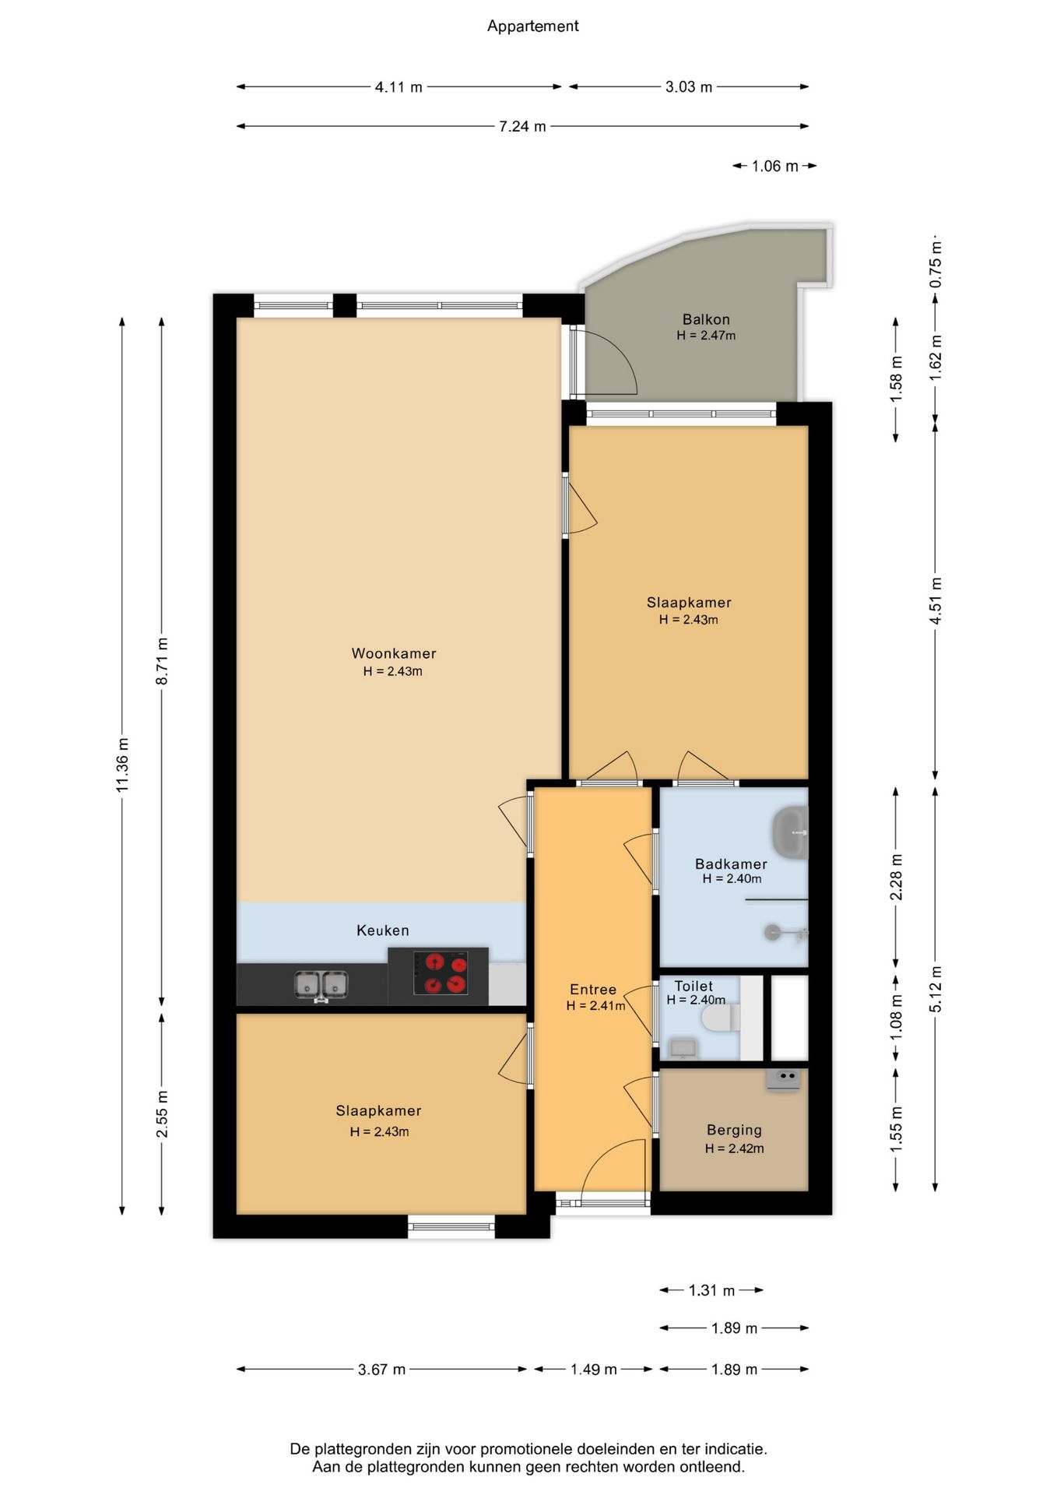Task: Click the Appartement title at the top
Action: click(532, 26)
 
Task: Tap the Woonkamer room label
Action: click(394, 653)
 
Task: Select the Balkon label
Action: click(706, 319)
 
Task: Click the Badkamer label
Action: click(731, 864)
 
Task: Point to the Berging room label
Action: click(734, 1130)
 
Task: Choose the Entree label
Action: click(593, 990)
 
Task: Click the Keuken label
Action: click(382, 930)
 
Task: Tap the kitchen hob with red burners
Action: click(441, 973)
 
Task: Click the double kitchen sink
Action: click(321, 985)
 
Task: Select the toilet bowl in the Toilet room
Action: click(721, 1018)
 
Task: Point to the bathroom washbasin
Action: click(790, 832)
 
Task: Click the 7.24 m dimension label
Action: click(522, 126)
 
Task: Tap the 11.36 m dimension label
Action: click(122, 765)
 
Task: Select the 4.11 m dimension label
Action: click(399, 87)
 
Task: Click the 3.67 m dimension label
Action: click(381, 1370)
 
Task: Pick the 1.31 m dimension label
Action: click(711, 1290)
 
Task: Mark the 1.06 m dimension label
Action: click(774, 166)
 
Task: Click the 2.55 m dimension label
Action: click(162, 1113)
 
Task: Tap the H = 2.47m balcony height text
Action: click(706, 336)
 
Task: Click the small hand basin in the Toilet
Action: click(683, 1048)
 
